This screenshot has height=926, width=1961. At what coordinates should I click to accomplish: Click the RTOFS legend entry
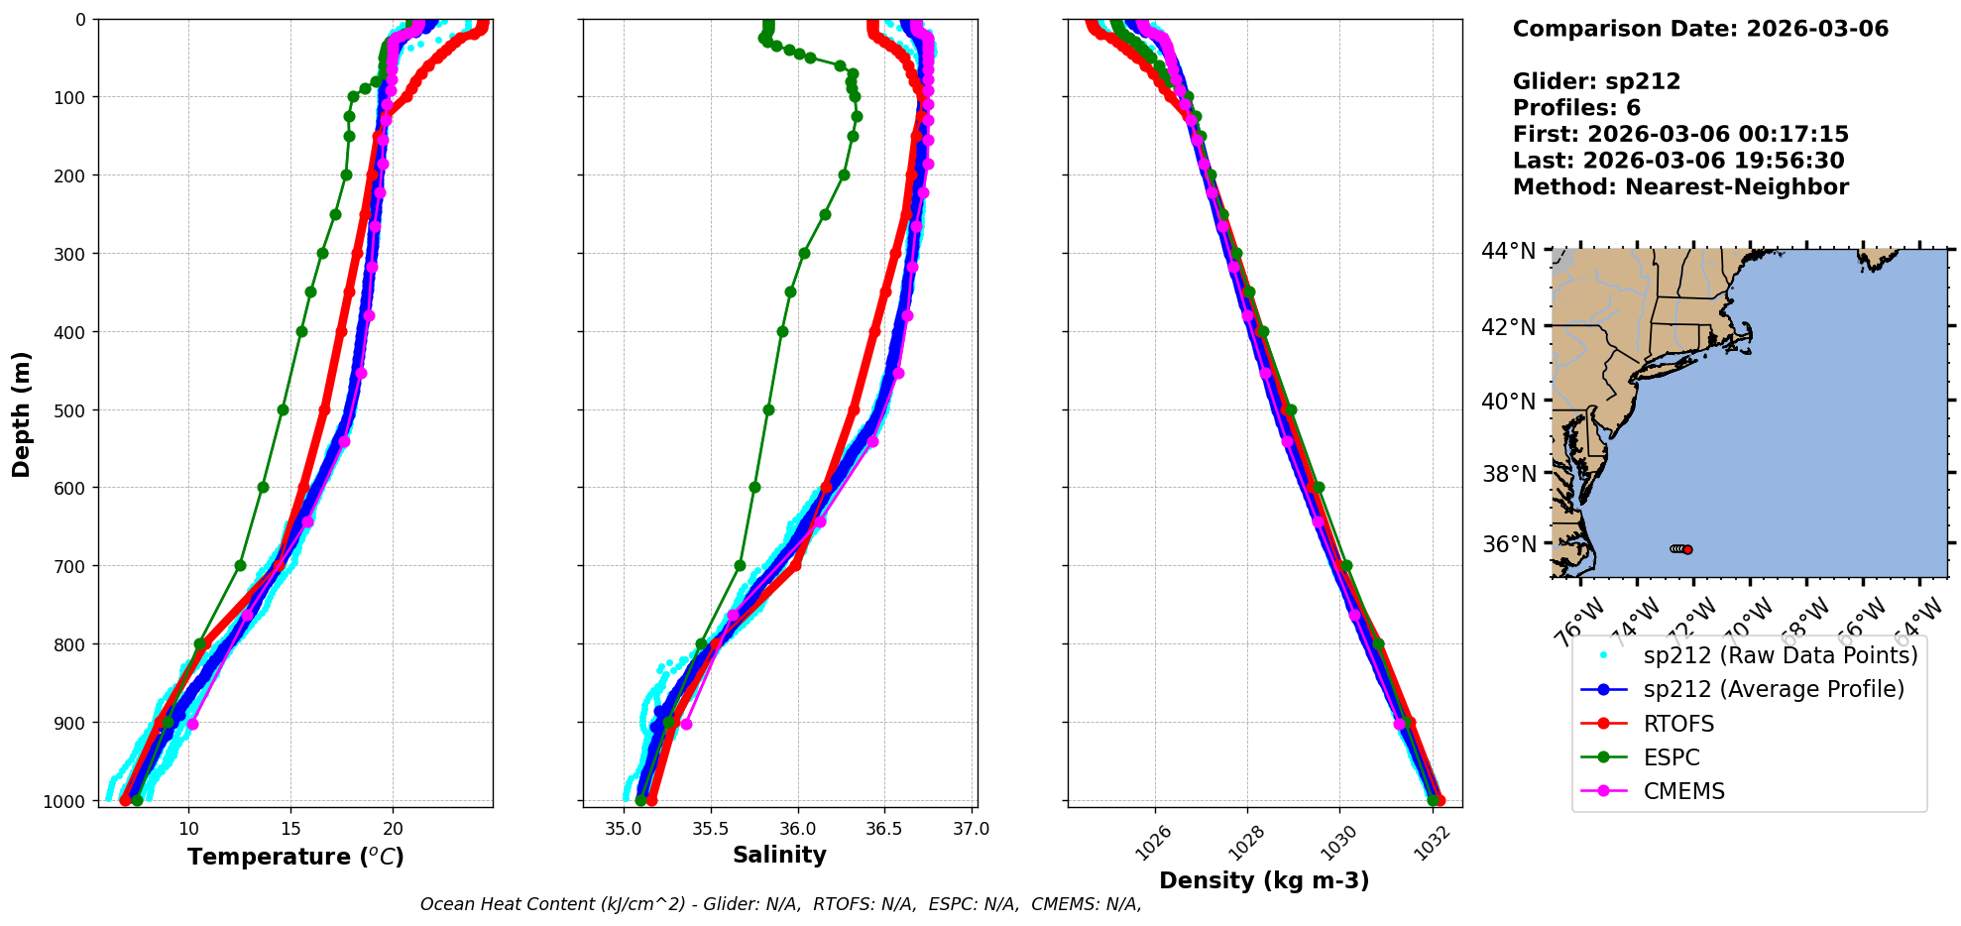[x=1677, y=724]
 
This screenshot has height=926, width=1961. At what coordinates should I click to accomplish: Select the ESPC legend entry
[x=1671, y=757]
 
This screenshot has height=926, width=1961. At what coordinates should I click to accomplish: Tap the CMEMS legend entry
[x=1683, y=791]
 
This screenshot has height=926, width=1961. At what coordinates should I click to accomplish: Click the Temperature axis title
[x=295, y=857]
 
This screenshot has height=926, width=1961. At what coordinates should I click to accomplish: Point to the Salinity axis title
[x=779, y=855]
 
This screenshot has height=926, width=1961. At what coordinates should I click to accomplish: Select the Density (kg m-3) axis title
[x=1264, y=880]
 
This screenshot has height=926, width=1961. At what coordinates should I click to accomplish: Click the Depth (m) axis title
[x=22, y=413]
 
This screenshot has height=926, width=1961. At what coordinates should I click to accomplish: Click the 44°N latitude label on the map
[x=1508, y=252]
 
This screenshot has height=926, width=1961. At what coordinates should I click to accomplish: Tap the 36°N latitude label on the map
[x=1508, y=544]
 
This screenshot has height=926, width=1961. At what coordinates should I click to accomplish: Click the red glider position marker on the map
[x=1687, y=549]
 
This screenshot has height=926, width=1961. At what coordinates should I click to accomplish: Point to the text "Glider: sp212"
[x=1596, y=81]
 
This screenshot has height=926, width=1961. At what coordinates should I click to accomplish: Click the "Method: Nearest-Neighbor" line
[x=1680, y=187]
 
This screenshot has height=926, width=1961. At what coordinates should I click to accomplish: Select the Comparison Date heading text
[x=1700, y=29]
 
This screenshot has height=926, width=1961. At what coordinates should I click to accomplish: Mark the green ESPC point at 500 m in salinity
[x=768, y=409]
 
